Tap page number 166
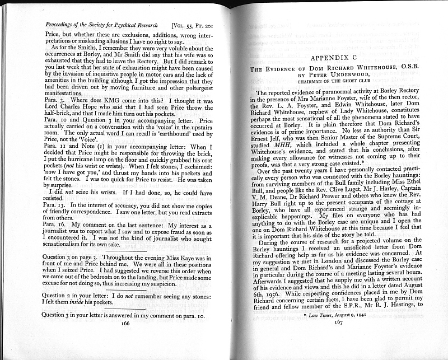[125, 323]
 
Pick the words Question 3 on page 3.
[72, 256]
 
